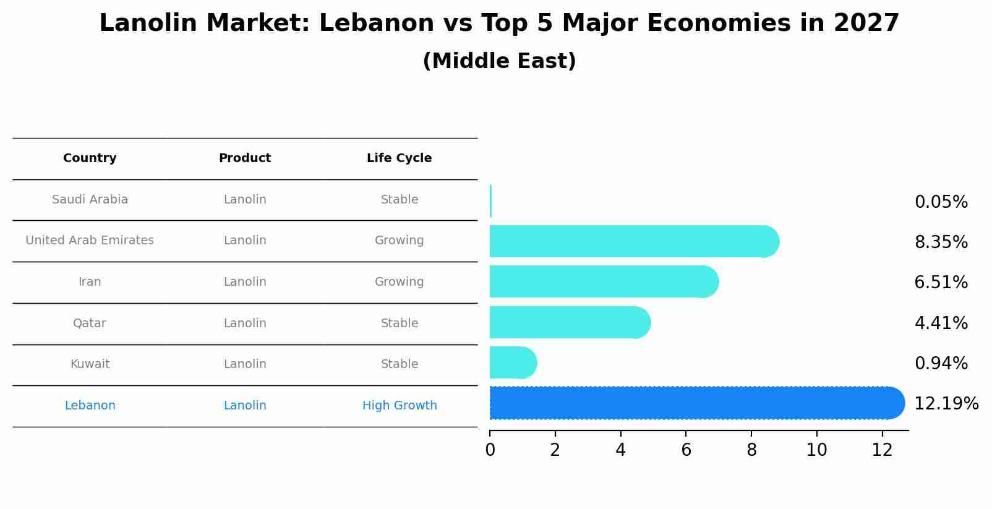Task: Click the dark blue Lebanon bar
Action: (x=693, y=403)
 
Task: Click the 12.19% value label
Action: (x=946, y=404)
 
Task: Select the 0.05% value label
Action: (x=941, y=202)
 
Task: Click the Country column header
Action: (x=90, y=158)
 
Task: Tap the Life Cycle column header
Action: (x=399, y=158)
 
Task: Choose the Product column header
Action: (x=245, y=158)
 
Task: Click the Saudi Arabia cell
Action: (x=90, y=200)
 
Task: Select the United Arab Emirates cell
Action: (x=90, y=241)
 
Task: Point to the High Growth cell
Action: (x=399, y=406)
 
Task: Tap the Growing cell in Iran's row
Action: (x=399, y=282)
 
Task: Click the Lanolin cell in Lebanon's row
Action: (x=245, y=406)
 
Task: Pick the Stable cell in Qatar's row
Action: (x=399, y=323)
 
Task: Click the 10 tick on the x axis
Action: (x=816, y=450)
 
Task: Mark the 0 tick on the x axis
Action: (x=490, y=450)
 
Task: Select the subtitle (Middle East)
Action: (x=499, y=61)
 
